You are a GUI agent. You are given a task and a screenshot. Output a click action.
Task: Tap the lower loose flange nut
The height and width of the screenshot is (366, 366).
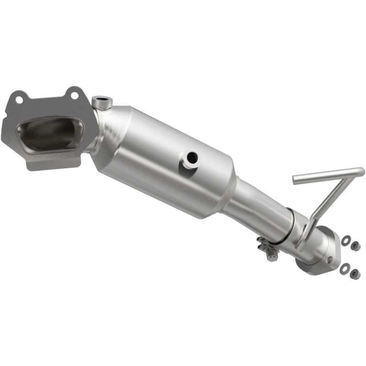354,274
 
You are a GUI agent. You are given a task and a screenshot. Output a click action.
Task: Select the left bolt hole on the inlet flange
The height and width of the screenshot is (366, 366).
19,98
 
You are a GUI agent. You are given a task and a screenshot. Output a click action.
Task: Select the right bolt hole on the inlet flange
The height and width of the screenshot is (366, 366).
73,95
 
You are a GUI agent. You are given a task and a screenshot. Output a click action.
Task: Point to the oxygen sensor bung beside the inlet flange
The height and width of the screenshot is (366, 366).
101,102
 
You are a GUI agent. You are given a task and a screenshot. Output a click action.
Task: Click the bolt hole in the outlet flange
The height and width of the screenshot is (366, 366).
329,260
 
